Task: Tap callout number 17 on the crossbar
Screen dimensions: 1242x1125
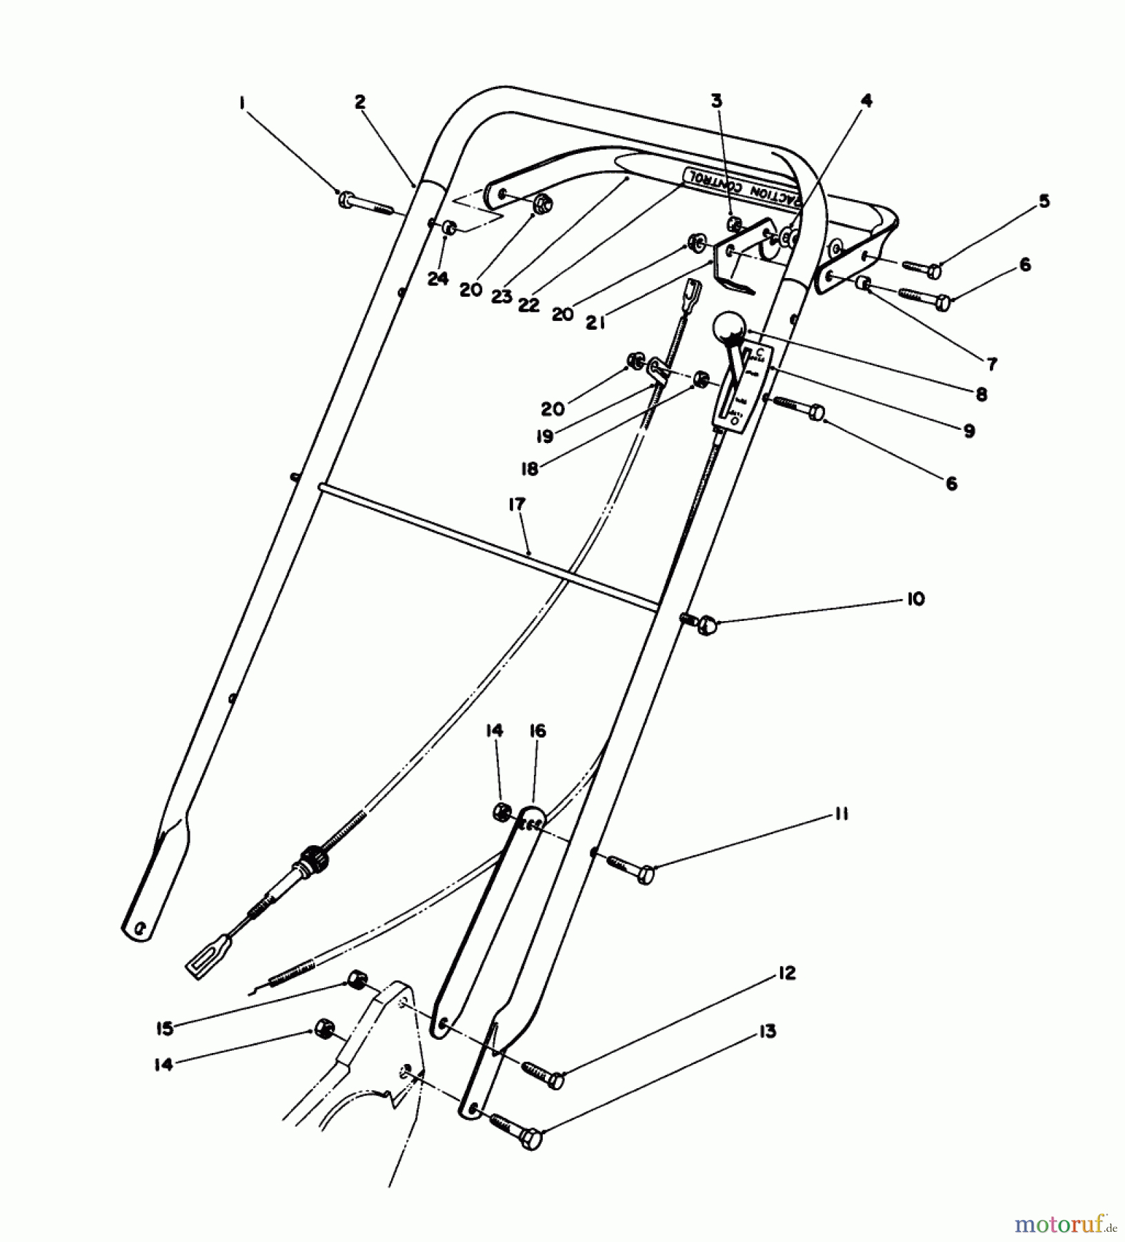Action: pyautogui.click(x=517, y=504)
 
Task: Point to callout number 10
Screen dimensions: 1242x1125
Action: pyautogui.click(x=915, y=598)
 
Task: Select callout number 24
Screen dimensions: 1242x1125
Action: pyautogui.click(x=437, y=279)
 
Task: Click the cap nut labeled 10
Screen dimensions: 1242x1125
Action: pyautogui.click(x=704, y=625)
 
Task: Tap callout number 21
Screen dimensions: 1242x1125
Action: pyautogui.click(x=595, y=322)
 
